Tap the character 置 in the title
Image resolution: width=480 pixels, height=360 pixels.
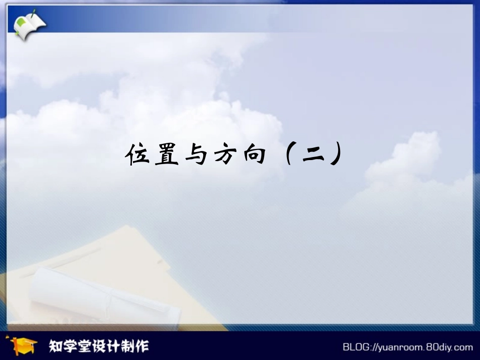[166, 154]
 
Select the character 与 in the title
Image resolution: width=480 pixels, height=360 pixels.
[195, 154]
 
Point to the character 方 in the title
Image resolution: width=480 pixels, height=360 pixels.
[224, 154]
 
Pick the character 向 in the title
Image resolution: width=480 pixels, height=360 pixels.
[253, 154]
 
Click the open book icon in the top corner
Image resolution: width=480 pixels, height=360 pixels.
[28, 23]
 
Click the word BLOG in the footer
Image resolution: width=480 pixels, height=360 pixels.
[356, 347]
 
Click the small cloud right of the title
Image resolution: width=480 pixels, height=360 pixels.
[404, 162]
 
